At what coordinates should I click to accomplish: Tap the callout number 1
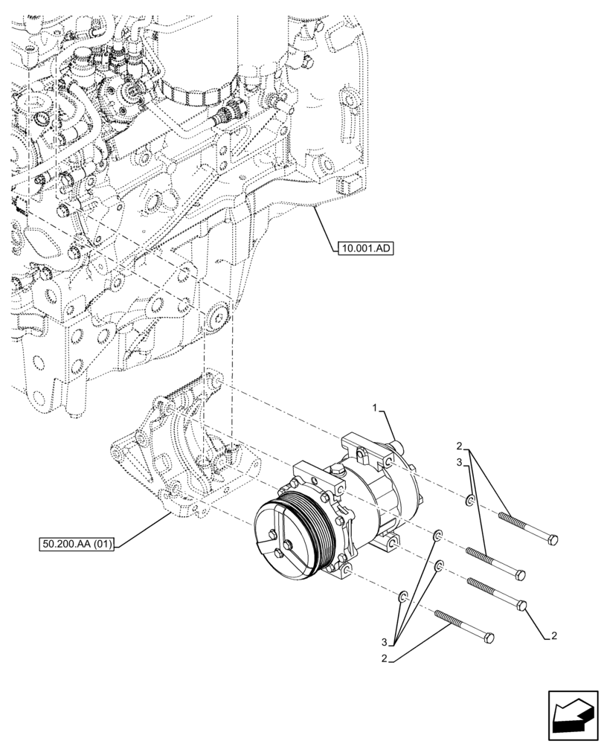pyautogui.click(x=376, y=408)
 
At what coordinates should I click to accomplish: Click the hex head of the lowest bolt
pyautogui.click(x=489, y=638)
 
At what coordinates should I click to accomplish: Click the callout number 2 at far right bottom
pyautogui.click(x=555, y=636)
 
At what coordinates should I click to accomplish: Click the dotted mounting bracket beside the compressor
pyautogui.click(x=186, y=446)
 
